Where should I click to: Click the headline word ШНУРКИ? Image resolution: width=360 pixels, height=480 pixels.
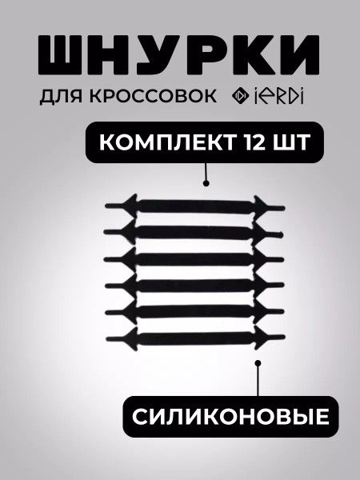179,55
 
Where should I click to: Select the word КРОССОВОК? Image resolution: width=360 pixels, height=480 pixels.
154,95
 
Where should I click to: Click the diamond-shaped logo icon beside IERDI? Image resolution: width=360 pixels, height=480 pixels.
240,96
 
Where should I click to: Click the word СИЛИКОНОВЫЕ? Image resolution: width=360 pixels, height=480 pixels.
231,417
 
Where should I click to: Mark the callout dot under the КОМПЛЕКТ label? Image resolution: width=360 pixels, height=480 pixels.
206,183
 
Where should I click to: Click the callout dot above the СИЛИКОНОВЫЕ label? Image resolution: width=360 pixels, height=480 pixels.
258,363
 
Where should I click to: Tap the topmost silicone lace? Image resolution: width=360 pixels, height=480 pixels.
195,207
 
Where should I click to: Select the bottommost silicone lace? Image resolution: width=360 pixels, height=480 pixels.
195,338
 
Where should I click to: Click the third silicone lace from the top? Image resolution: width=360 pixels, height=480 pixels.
194,259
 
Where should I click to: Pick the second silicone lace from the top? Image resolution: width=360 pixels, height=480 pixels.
193,233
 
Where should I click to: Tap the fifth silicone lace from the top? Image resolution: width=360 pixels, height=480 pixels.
194,312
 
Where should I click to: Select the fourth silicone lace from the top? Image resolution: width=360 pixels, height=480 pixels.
194,286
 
